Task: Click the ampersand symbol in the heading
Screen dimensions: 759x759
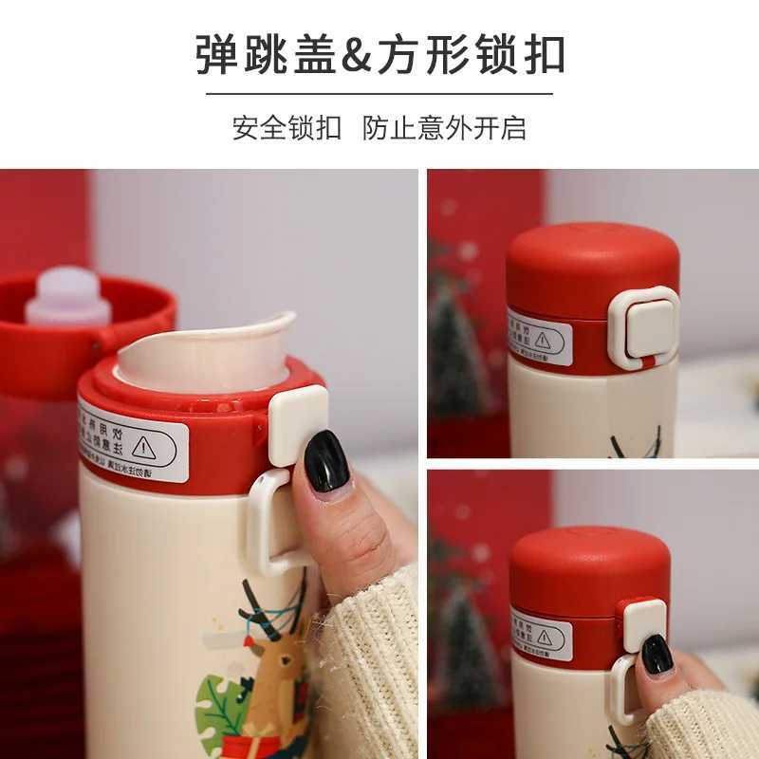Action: tap(359, 55)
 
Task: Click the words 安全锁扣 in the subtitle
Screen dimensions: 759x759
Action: tap(287, 127)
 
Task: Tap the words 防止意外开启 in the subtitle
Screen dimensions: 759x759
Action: tap(444, 127)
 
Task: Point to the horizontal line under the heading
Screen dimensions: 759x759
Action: tap(379, 94)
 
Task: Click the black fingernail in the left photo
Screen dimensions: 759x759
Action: tap(326, 461)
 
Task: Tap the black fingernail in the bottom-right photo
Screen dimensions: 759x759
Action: tap(657, 654)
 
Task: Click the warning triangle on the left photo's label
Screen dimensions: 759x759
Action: tap(143, 447)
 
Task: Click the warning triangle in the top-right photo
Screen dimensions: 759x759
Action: tap(543, 340)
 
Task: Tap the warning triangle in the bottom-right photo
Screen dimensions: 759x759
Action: tap(546, 636)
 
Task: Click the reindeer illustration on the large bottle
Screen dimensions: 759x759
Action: tap(270, 664)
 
